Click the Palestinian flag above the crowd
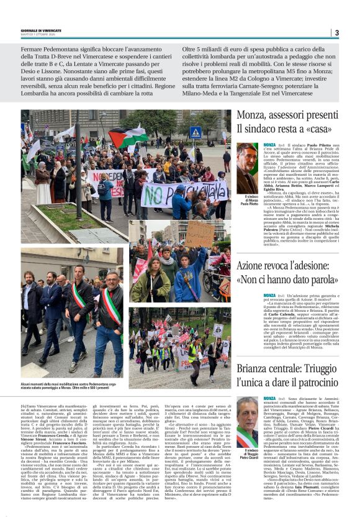click(x=128, y=137)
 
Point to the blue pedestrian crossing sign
click(x=196, y=132)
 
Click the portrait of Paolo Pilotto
click(x=248, y=168)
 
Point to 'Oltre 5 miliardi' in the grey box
click(x=209, y=48)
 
